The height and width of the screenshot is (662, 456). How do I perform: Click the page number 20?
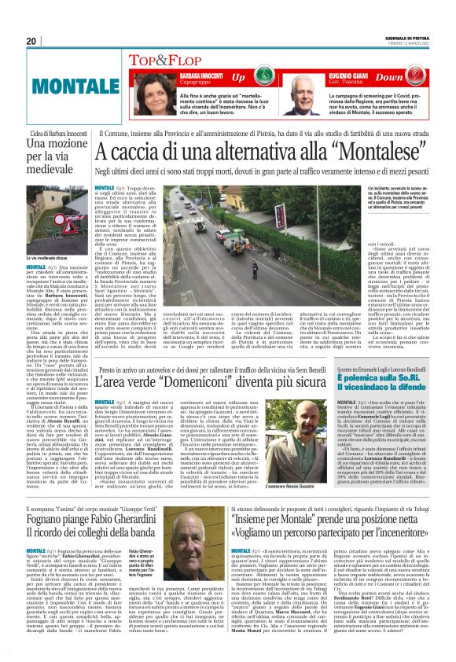[x=32, y=42]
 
